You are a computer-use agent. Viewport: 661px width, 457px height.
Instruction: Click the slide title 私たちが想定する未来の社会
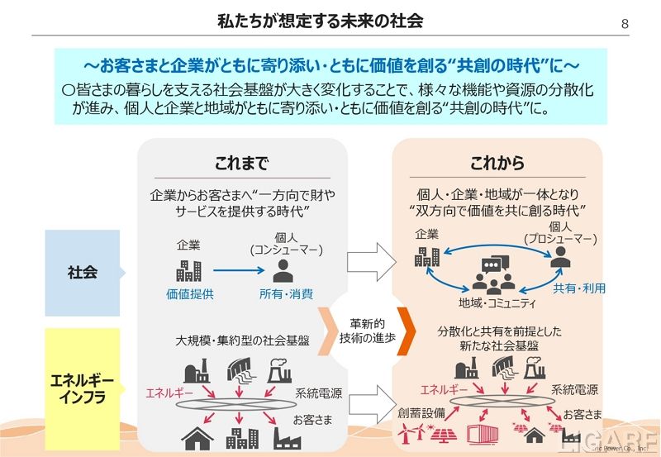coord(330,21)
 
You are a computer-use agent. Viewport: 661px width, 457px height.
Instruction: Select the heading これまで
coord(241,162)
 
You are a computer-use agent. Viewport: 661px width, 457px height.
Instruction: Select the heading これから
coord(497,162)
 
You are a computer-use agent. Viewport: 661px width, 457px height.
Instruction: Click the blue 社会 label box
coord(83,272)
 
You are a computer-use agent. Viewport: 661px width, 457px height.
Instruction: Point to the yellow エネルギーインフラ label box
coord(82,386)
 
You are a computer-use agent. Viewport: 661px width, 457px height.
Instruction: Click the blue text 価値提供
coord(189,293)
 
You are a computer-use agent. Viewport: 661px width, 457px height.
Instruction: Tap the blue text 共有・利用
coord(579,288)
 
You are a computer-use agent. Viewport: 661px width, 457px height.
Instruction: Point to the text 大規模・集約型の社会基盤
coord(242,340)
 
